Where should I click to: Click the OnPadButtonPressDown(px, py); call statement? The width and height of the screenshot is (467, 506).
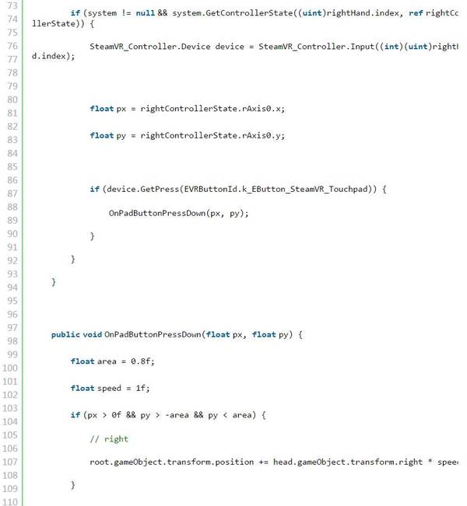click(x=178, y=213)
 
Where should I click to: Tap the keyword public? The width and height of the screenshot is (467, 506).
click(x=65, y=334)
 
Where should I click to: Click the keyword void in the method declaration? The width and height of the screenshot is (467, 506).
click(x=91, y=334)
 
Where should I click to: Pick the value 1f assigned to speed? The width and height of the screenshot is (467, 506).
click(x=141, y=388)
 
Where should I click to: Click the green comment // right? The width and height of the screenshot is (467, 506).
click(x=109, y=439)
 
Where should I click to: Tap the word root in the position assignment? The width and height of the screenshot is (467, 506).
click(x=99, y=462)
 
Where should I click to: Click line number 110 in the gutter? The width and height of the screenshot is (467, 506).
click(x=12, y=501)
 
